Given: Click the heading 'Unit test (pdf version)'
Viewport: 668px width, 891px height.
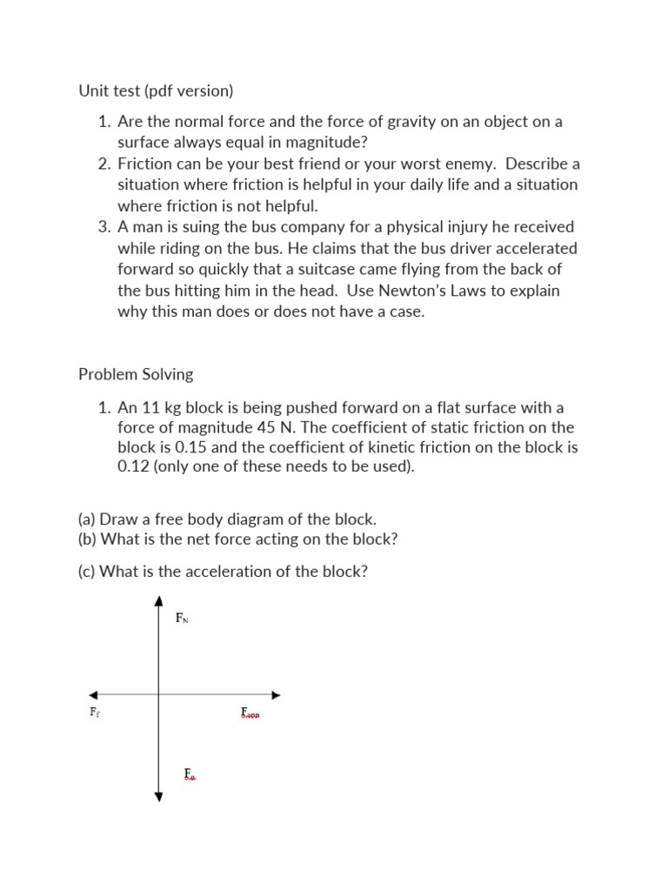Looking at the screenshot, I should click(x=156, y=90).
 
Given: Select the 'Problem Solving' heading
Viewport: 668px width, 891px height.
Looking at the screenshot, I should click(x=136, y=374).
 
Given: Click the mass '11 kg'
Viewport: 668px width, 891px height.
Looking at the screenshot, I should click(x=164, y=407).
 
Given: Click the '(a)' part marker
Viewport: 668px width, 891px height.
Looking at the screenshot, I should click(x=87, y=519).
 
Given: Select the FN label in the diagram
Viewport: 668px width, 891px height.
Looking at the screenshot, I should click(x=182, y=619).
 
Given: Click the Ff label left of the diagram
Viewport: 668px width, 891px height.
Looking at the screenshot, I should click(x=95, y=712).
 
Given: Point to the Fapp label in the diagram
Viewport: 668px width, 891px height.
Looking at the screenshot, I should click(x=250, y=713).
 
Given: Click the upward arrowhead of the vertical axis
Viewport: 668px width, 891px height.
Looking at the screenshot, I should click(x=158, y=600).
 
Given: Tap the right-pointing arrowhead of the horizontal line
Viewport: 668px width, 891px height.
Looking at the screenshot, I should click(x=277, y=695).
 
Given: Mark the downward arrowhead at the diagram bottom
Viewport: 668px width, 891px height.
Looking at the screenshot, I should click(x=158, y=795).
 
